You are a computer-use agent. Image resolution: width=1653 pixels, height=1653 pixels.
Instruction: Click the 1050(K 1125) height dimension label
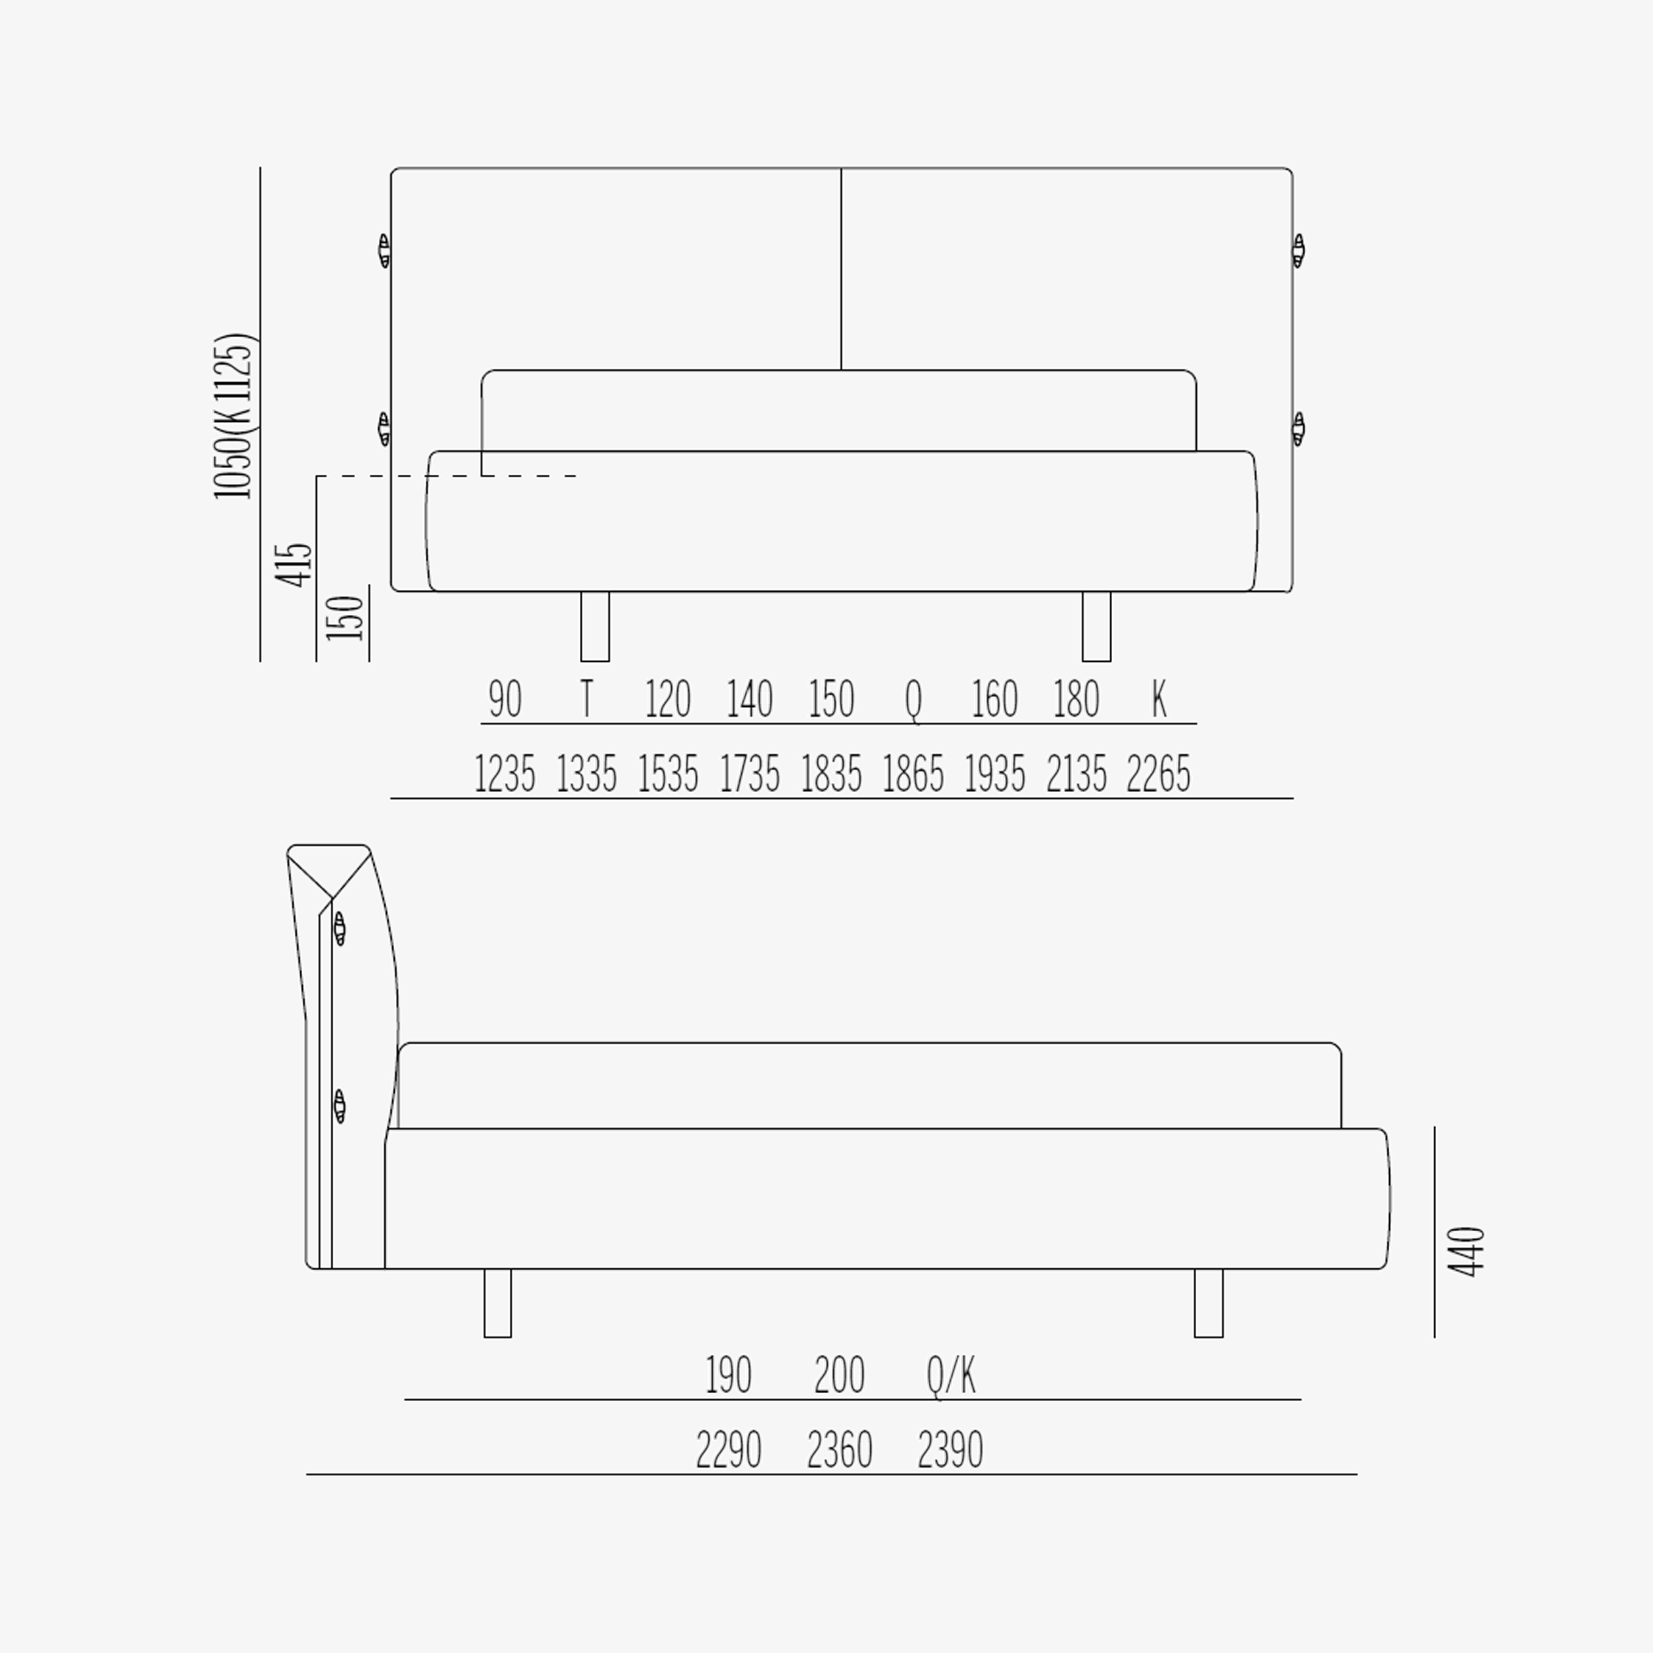pos(233,416)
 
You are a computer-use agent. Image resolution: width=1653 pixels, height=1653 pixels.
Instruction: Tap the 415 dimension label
pos(294,564)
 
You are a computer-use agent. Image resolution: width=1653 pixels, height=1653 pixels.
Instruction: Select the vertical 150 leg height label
pos(346,618)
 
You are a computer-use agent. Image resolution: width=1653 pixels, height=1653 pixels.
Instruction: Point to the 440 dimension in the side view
pos(1467,1252)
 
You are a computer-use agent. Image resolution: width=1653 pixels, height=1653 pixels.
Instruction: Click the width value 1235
pos(504,774)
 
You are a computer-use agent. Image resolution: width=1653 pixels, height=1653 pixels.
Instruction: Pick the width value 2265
pos(1158,774)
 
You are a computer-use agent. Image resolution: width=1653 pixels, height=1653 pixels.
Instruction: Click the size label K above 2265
pos(1159,698)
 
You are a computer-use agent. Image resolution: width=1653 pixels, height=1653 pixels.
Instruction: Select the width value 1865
pos(913,774)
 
